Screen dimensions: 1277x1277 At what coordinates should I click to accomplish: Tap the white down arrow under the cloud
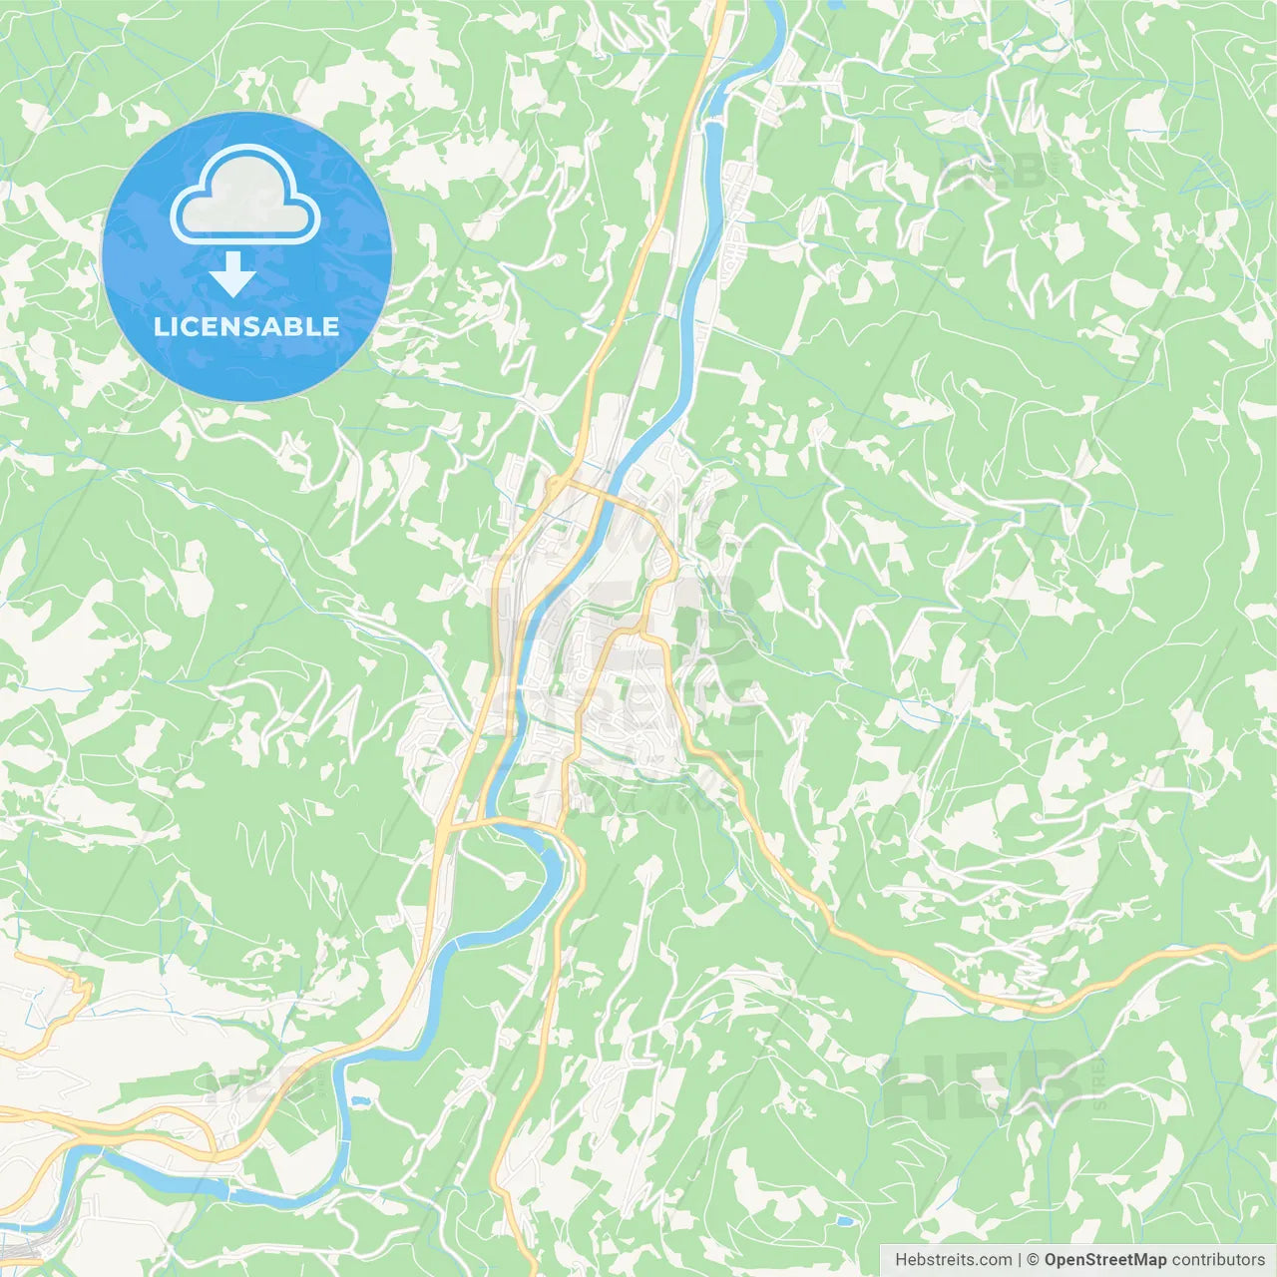[233, 274]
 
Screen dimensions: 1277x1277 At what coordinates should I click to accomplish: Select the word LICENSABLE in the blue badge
[246, 326]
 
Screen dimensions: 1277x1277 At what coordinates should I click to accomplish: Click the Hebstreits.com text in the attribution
[953, 1260]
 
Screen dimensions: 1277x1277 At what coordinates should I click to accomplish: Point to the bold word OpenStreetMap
[1104, 1260]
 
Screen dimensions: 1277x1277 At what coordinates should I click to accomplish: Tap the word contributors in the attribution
[1217, 1260]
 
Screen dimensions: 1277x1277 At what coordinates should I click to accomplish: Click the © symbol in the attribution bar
[1034, 1260]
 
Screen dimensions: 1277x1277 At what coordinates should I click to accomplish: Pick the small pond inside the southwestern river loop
[359, 1101]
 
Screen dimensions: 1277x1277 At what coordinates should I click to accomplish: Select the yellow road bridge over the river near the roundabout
[600, 492]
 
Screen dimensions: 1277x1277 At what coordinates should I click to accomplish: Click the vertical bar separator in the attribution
[1019, 1260]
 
